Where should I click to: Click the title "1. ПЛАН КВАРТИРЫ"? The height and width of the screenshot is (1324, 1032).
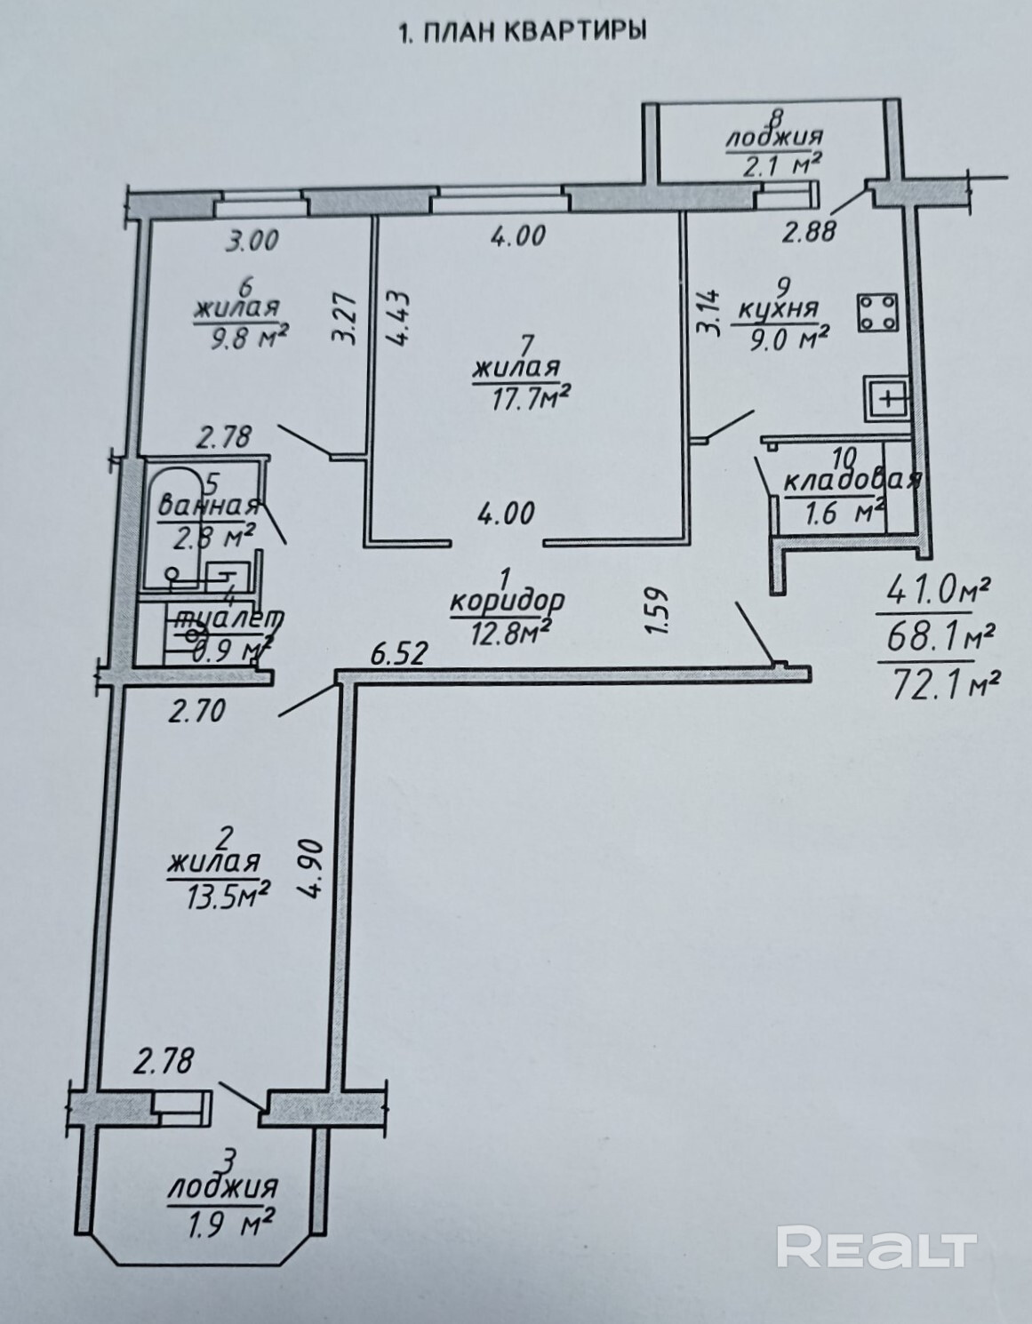pyautogui.click(x=522, y=33)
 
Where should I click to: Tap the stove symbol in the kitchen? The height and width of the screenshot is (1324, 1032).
pyautogui.click(x=878, y=313)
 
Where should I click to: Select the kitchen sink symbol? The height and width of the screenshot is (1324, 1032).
pyautogui.click(x=887, y=397)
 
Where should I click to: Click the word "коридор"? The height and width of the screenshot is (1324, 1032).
pyautogui.click(x=507, y=601)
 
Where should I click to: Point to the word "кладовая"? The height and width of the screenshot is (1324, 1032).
pyautogui.click(x=849, y=482)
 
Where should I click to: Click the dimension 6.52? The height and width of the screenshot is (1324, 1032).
pyautogui.click(x=399, y=656)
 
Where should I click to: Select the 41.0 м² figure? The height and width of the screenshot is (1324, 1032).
pyautogui.click(x=932, y=589)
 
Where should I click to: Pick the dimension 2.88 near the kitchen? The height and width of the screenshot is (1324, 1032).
pyautogui.click(x=809, y=233)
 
